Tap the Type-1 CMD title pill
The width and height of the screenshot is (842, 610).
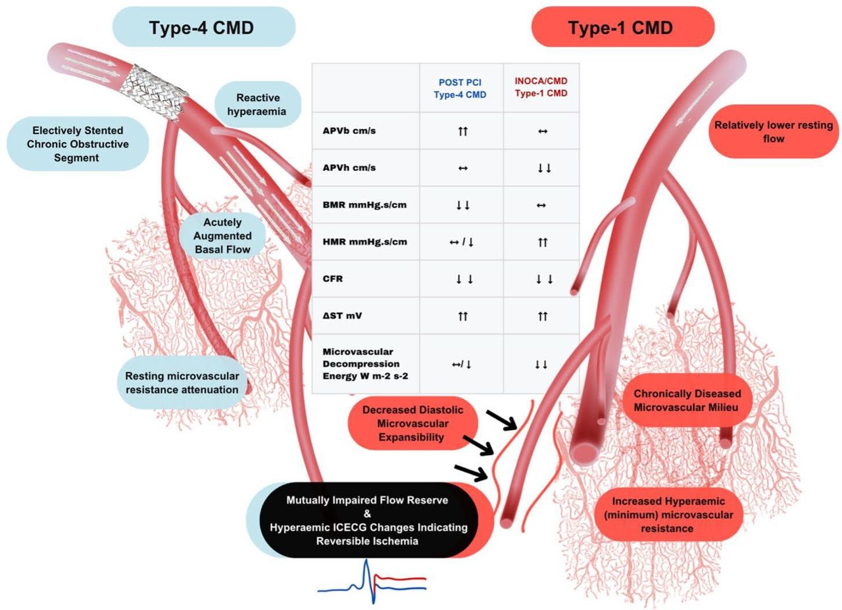(621, 28)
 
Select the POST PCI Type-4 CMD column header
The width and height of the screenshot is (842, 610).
(460, 88)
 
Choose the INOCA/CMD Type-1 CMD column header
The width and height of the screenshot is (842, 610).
(541, 88)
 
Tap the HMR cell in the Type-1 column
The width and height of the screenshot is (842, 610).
(541, 242)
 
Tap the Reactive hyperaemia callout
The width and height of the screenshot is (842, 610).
(258, 104)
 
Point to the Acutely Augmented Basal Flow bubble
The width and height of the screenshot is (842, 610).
(222, 235)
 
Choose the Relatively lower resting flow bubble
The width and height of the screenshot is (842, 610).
(774, 131)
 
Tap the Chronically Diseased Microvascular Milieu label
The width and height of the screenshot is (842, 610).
(687, 400)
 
